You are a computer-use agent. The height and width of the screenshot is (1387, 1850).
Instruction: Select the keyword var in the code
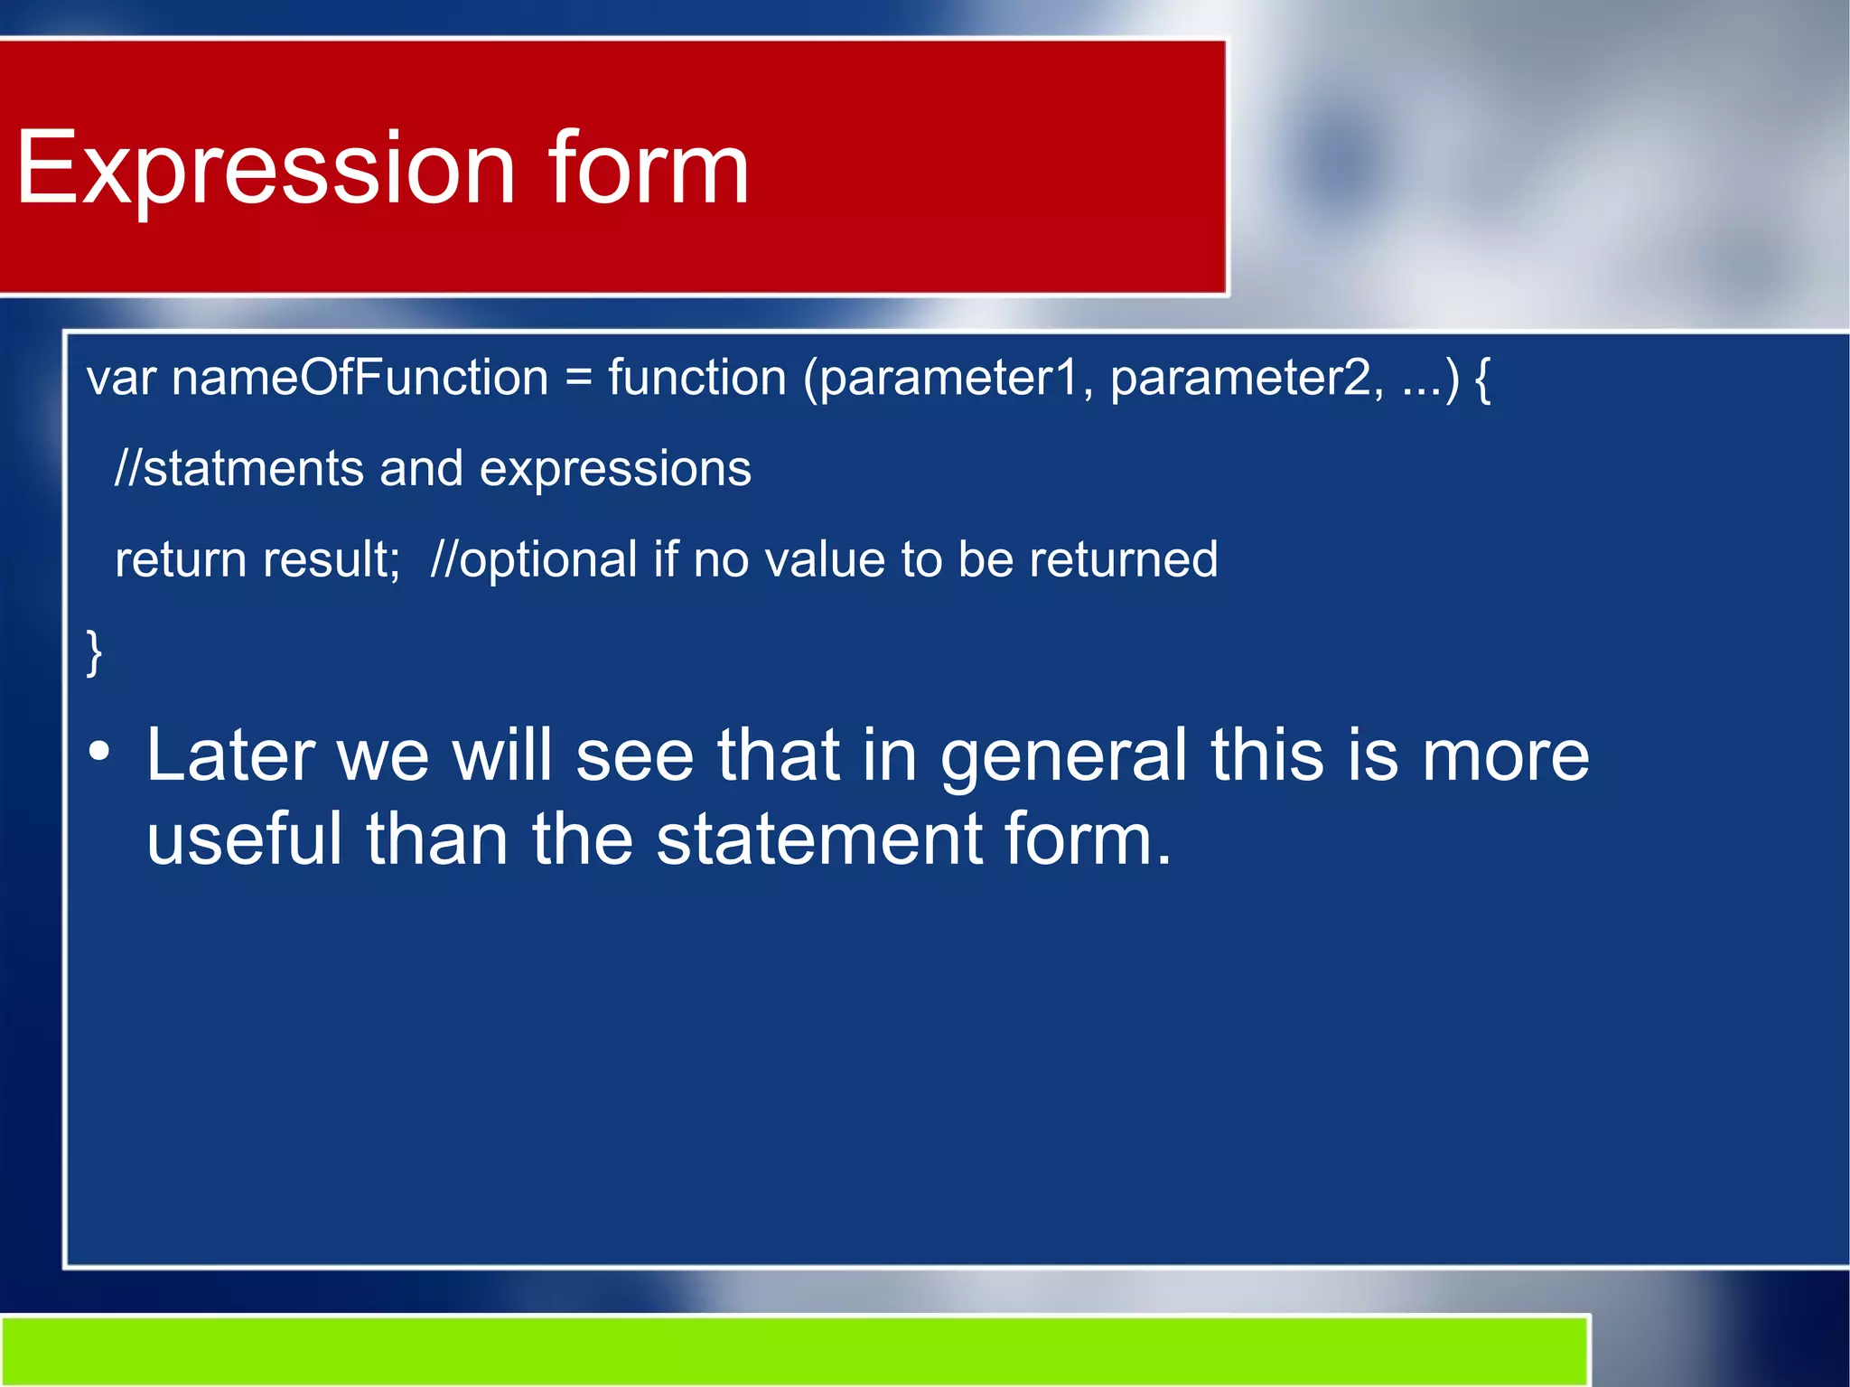pyautogui.click(x=121, y=379)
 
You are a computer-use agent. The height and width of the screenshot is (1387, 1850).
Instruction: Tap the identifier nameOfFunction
pyautogui.click(x=360, y=378)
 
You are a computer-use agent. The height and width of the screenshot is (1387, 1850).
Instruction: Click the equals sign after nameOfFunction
pyautogui.click(x=578, y=380)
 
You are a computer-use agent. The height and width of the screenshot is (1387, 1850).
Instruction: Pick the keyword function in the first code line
pyautogui.click(x=696, y=378)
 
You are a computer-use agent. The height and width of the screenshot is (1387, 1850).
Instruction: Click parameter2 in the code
pyautogui.click(x=1245, y=380)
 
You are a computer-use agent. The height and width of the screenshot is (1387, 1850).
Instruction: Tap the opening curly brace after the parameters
pyautogui.click(x=1481, y=380)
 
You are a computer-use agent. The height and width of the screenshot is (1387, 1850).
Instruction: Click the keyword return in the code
pyautogui.click(x=181, y=559)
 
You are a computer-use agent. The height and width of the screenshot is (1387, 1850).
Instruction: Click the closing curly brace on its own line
pyautogui.click(x=94, y=652)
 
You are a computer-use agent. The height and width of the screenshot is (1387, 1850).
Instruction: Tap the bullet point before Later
pyautogui.click(x=99, y=752)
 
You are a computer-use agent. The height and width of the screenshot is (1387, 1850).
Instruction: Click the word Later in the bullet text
pyautogui.click(x=230, y=755)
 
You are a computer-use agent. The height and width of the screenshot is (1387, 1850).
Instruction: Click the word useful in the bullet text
pyautogui.click(x=244, y=839)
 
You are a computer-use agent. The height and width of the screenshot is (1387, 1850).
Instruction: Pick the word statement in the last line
pyautogui.click(x=818, y=839)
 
